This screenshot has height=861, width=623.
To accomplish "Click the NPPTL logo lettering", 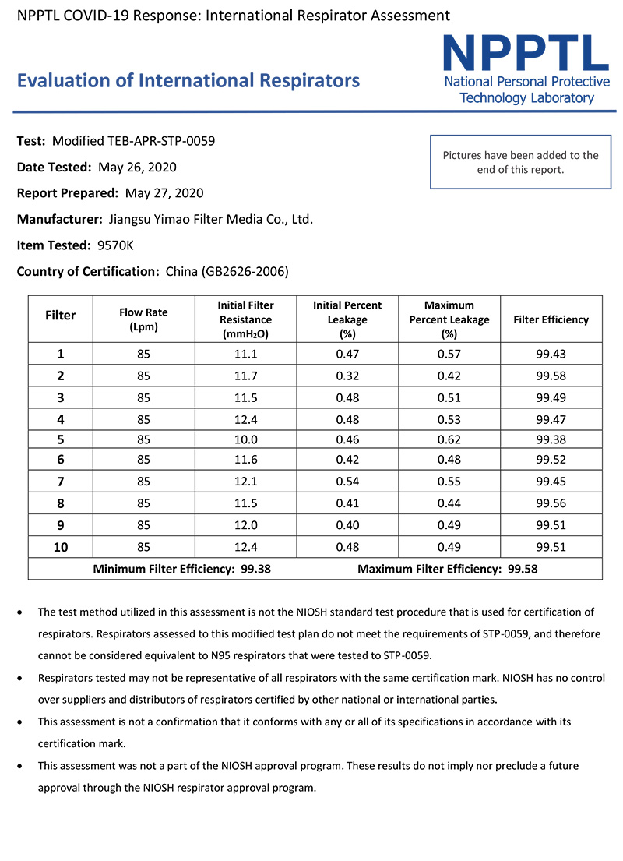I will (526, 52).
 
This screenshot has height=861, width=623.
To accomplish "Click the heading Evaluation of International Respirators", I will (188, 81).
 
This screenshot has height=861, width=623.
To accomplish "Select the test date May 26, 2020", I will (137, 167).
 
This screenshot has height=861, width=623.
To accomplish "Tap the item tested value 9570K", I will (115, 245).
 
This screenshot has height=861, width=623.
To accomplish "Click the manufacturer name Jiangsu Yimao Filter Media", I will (209, 219).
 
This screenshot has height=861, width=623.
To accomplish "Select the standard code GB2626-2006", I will (245, 271).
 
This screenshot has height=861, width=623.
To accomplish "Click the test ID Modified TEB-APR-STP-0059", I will (133, 141).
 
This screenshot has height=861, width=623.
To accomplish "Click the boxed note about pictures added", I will (520, 162).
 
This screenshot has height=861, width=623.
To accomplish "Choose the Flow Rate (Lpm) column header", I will (143, 319).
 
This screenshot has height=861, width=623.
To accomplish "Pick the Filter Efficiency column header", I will (551, 319).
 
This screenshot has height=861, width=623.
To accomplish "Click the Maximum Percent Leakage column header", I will (449, 319).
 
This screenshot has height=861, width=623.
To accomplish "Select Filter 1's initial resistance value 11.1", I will (245, 354).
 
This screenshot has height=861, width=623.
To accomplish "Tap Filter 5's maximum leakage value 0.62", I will (449, 439).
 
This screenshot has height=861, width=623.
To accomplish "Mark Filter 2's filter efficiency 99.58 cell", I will (551, 376).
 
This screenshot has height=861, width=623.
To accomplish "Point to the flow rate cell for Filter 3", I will (143, 397).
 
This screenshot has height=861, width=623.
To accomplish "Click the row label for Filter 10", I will (61, 547).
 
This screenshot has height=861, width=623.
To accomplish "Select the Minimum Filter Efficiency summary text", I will (181, 569).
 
